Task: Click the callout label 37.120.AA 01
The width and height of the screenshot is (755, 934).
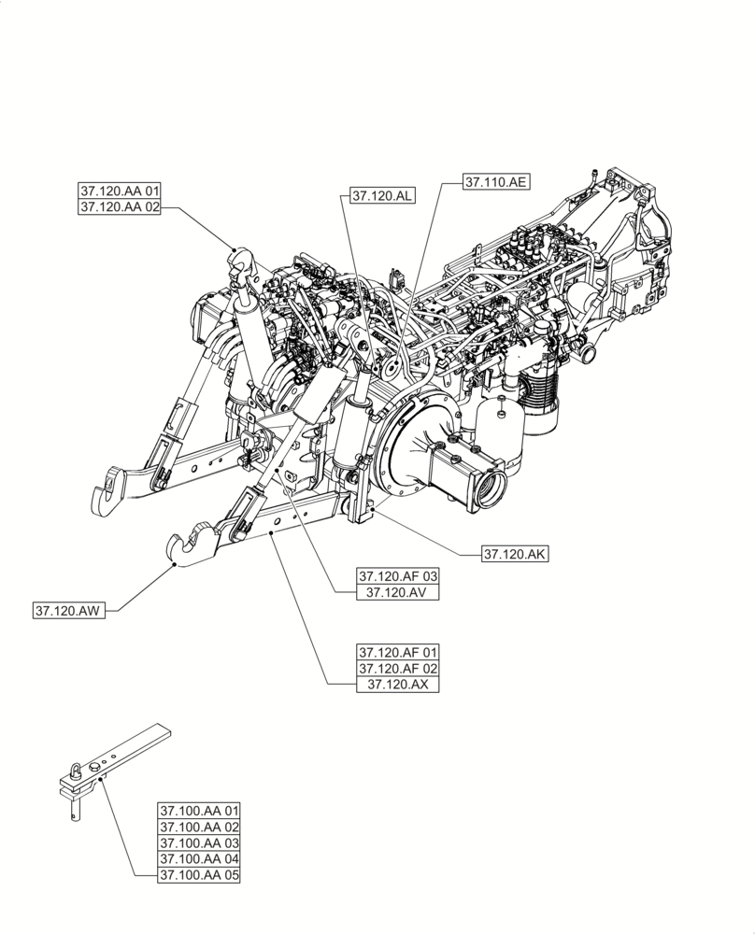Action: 121,191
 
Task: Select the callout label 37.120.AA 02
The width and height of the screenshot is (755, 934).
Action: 121,208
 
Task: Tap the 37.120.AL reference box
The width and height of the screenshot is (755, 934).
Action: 383,196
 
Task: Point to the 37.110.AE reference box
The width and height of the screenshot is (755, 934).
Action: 496,183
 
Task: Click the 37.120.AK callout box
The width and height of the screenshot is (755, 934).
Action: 515,554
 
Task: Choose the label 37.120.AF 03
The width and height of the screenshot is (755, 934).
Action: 397,575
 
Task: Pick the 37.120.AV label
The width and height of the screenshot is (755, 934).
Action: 397,592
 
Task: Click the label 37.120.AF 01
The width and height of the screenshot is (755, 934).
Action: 397,651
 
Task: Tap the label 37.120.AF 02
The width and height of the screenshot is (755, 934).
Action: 397,668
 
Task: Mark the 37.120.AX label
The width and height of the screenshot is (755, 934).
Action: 397,685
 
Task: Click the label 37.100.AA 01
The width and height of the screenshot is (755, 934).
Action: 199,810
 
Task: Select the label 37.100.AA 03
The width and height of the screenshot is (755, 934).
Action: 199,843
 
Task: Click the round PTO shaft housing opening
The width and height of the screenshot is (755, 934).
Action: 488,488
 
